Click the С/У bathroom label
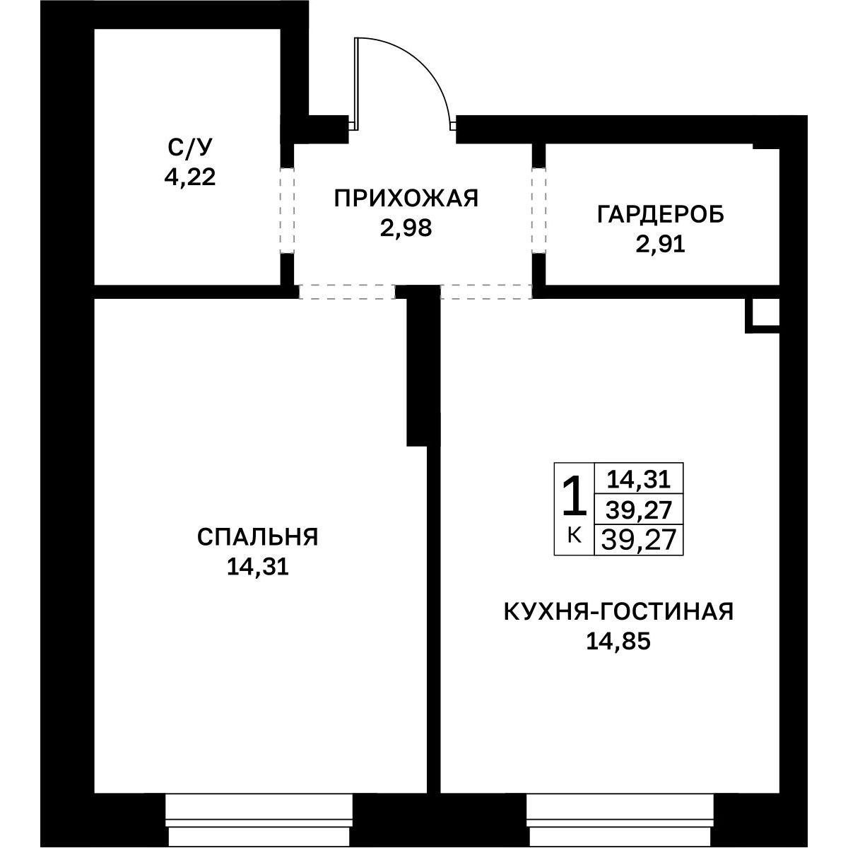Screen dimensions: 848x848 coord(190,148)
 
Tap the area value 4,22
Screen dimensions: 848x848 coord(190,178)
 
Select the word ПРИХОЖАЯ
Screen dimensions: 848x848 coord(406,199)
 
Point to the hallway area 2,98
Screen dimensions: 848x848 coord(406,228)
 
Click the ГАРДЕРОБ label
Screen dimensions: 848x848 coord(661,216)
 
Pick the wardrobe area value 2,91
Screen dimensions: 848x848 coord(661,245)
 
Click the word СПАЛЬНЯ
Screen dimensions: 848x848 coord(257,537)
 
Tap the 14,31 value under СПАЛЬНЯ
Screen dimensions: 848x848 coord(257,567)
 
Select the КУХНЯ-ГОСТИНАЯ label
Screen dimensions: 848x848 coord(618,612)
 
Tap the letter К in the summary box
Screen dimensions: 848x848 coord(575,535)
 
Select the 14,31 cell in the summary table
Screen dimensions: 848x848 coord(639,479)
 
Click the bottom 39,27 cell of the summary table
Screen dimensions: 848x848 coord(639,540)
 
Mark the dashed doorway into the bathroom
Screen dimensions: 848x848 coord(287,211)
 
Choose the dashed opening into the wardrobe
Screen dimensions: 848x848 coord(538,211)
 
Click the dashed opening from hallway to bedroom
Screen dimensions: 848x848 coord(348,292)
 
